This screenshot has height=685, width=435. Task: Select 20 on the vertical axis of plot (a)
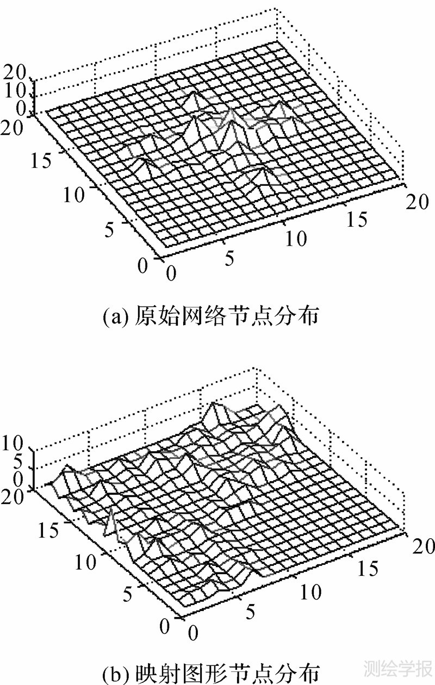(15, 71)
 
